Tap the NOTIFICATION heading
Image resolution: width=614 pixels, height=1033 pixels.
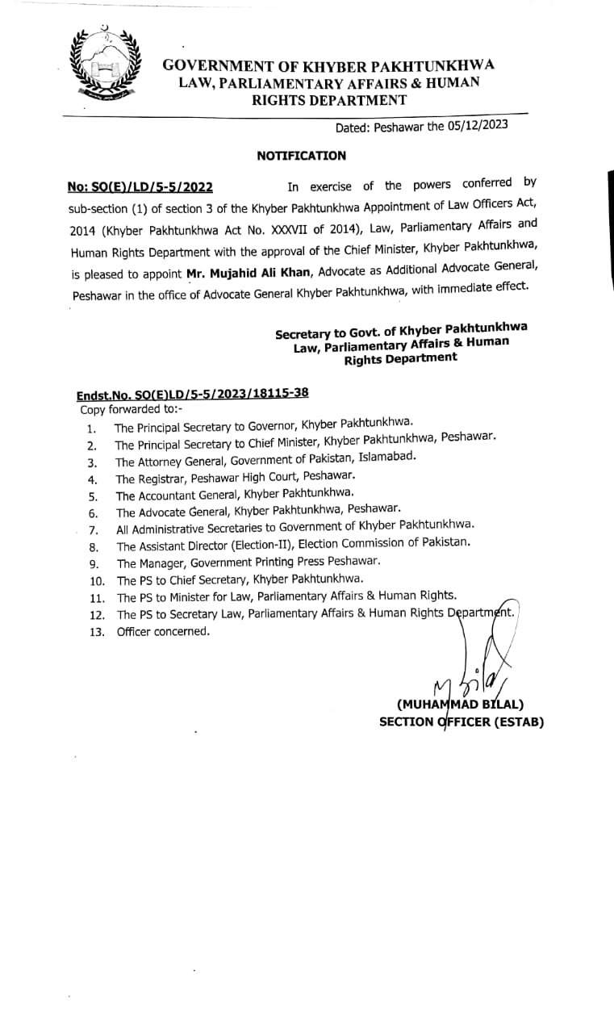[301, 156]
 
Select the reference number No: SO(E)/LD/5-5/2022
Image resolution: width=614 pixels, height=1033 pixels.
[140, 187]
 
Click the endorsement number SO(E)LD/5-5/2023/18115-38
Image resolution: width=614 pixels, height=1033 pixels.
[192, 394]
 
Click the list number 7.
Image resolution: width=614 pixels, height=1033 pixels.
[93, 530]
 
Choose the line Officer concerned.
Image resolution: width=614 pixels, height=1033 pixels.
[163, 631]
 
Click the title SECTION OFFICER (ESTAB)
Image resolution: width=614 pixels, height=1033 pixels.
[462, 721]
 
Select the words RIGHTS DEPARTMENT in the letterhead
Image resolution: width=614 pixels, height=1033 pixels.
[329, 100]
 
